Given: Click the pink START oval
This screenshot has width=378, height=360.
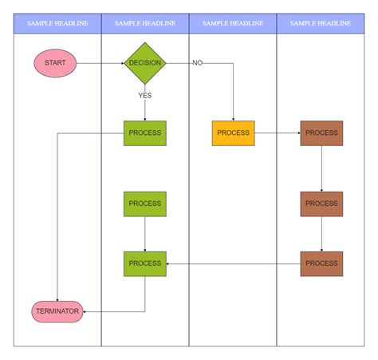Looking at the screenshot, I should tap(55, 62).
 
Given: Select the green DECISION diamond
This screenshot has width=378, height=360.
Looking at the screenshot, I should tap(145, 62).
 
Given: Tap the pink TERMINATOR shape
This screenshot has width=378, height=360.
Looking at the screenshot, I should tap(57, 311).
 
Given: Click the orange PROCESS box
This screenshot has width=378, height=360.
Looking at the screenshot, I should tap(233, 133).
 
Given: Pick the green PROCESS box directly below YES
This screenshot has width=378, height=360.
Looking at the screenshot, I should tap(145, 133).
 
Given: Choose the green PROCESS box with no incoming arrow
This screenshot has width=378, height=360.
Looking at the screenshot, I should tap(145, 204).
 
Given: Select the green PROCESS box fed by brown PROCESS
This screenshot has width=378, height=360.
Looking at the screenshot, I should tap(145, 263).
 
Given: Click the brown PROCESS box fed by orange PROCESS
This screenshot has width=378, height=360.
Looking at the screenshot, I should tap(321, 133).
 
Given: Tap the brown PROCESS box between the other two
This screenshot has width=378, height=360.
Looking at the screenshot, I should tap(321, 204).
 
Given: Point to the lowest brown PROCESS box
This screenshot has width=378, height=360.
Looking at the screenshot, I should tap(321, 263).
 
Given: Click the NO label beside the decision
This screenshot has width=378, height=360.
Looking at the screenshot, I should tap(197, 62).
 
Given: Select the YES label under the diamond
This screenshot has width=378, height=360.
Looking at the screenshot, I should tap(144, 95).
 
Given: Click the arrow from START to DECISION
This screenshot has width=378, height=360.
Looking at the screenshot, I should tap(100, 62).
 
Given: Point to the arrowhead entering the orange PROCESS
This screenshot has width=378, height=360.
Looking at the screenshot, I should tap(233, 118).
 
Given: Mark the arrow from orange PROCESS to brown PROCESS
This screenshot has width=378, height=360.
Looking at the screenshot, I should tap(277, 133).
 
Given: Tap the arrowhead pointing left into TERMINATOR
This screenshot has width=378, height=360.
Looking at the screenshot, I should tap(86, 311).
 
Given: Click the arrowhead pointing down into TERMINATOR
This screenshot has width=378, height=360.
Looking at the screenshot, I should tap(57, 299).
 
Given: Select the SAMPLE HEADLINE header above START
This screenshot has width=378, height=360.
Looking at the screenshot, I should tap(57, 23).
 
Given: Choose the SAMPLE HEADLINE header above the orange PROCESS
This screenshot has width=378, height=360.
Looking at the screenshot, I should tap(233, 23).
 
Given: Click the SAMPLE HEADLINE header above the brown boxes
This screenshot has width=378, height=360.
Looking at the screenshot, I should tap(321, 23).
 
